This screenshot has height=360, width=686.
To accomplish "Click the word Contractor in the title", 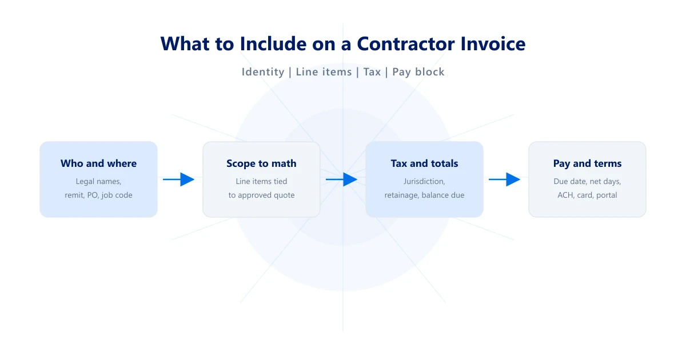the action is [x=405, y=44].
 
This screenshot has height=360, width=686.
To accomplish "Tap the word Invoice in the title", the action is [x=493, y=44].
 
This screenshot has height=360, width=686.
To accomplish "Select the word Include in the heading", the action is [x=273, y=44].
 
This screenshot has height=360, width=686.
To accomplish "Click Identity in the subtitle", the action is [x=263, y=72].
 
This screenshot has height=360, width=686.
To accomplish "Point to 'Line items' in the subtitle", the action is [x=324, y=72].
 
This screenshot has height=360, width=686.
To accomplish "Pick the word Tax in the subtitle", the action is [x=372, y=72].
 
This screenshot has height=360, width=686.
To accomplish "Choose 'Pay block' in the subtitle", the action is [x=418, y=72].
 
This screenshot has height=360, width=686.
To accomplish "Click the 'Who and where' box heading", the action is [x=98, y=163].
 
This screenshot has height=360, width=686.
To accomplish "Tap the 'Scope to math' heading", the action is [x=262, y=163].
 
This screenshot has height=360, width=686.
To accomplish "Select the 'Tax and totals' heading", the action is [x=424, y=163].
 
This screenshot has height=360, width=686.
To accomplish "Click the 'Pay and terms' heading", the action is [x=588, y=163].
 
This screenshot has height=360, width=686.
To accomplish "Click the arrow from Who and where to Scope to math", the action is [x=178, y=179].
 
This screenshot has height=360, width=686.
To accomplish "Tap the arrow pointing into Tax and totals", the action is [x=341, y=179].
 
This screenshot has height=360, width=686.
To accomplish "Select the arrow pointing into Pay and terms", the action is [x=504, y=179].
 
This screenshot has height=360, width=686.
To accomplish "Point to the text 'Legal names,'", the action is [x=98, y=182].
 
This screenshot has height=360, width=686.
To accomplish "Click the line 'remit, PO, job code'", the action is [x=98, y=195].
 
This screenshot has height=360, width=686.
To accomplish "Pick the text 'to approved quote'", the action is [x=262, y=195].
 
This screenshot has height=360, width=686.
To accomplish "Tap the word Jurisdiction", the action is [x=424, y=182].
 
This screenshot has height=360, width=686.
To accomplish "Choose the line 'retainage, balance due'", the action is [x=424, y=195].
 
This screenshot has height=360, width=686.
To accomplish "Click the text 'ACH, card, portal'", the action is [x=588, y=195].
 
